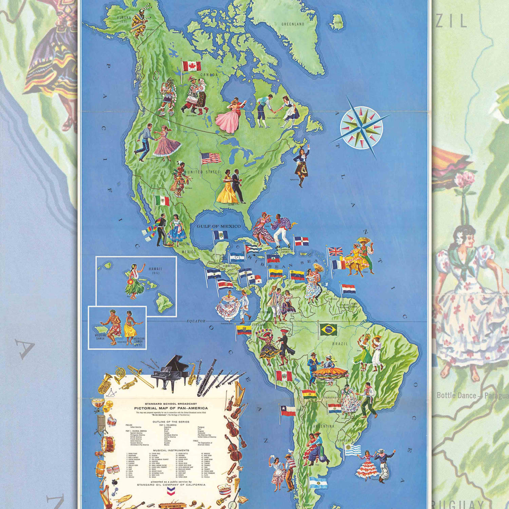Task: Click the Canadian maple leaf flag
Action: (192, 66)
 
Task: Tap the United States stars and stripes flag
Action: (211, 158)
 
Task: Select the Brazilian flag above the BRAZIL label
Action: (328, 329)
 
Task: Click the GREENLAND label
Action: (293, 24)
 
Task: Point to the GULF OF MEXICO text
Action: (218, 227)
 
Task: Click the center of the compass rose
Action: (361, 127)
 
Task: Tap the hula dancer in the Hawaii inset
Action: (134, 280)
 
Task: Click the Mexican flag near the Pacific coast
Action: (162, 201)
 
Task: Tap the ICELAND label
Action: (338, 22)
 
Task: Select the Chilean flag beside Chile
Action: (288, 410)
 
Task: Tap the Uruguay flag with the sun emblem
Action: (352, 450)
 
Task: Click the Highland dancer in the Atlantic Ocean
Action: (301, 165)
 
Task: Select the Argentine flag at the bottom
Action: (318, 482)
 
